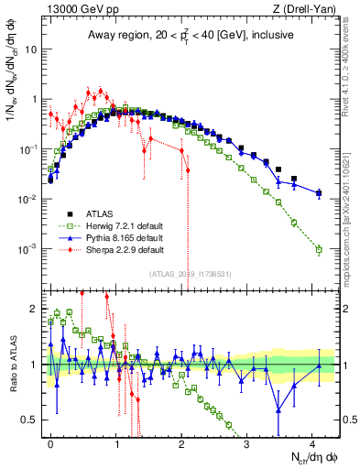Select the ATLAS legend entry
click(103, 212)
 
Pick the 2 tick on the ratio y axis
click(38, 310)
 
